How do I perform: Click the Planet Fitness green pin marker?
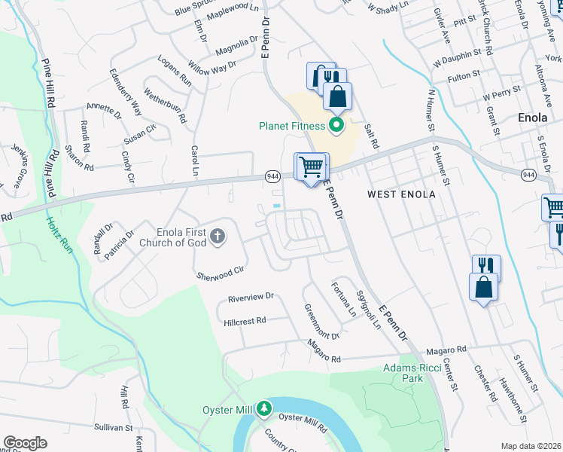coord(336,125)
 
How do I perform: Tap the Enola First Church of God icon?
coord(218,237)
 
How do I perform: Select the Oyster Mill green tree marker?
coord(263,409)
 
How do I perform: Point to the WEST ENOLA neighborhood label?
coord(402,194)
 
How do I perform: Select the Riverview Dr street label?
coord(250,298)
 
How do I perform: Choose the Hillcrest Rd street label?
coord(245,321)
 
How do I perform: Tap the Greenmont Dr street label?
coord(321,321)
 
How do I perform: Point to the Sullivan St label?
coord(114,427)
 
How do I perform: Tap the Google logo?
coord(25,443)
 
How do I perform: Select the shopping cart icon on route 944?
coord(312,166)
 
